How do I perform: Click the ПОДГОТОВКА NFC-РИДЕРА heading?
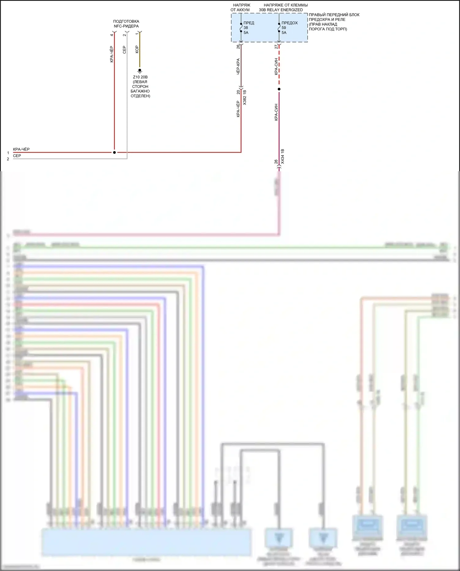tap(126, 24)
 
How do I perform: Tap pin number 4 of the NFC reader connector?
tap(112, 35)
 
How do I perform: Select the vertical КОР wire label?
tap(137, 49)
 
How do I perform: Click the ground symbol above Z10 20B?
tap(140, 71)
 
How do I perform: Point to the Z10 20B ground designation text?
tap(140, 77)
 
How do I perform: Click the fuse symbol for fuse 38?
tap(241, 28)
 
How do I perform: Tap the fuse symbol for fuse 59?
tap(279, 28)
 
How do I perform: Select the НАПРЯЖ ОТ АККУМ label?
tap(240, 7)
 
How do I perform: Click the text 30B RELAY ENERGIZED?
tap(281, 10)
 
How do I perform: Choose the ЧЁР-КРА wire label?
tap(238, 67)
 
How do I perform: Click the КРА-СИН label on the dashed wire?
tap(276, 67)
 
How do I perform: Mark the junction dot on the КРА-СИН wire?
tap(279, 89)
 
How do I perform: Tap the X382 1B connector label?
tap(244, 98)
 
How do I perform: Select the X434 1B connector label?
tap(282, 156)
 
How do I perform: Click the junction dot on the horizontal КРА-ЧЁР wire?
tap(114, 152)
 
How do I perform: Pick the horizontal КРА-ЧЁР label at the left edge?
tap(21, 149)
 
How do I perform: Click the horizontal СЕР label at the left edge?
tap(17, 156)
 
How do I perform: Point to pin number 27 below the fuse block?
tap(276, 47)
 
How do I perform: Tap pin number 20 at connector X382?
tap(238, 92)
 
